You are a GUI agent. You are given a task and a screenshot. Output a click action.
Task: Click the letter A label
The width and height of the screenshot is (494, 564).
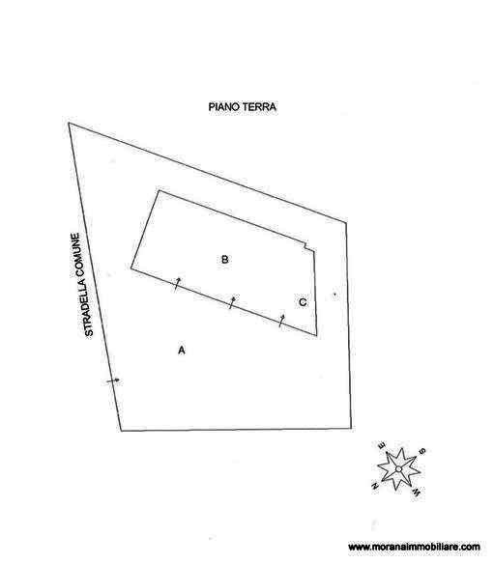pos(182,350)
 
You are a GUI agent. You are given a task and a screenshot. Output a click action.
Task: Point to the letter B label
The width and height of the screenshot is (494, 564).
pos(224,260)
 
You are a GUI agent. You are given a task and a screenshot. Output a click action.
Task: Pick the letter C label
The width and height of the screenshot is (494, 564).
pos(303,302)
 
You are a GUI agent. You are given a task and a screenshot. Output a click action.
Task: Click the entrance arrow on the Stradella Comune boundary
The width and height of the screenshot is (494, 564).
pos(113,381)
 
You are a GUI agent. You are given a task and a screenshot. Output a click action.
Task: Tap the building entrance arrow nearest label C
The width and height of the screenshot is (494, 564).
pos(282,320)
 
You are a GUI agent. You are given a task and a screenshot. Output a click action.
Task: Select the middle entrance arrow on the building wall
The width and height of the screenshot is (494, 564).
pos(232,302)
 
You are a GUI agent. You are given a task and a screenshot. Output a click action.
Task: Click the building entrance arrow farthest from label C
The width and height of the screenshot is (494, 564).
pos(177,284)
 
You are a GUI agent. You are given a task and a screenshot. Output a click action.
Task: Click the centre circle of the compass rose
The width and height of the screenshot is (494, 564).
pos(398,469)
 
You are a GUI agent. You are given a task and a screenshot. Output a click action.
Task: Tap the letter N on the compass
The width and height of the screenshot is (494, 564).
pos(374,486)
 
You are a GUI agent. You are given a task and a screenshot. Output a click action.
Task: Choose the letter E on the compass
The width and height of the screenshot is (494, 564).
pos(382,446)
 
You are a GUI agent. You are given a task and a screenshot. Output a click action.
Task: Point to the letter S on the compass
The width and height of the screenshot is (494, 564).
pos(422,451)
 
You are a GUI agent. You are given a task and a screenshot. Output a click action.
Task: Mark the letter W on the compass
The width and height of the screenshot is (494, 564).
pos(417,493)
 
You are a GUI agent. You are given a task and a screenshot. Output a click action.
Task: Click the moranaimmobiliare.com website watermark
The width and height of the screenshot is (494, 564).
pos(414,547)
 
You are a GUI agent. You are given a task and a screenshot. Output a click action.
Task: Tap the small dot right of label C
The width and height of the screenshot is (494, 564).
pos(334,295)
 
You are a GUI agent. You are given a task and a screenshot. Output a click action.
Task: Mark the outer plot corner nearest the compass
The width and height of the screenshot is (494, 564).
pos(351,429)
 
